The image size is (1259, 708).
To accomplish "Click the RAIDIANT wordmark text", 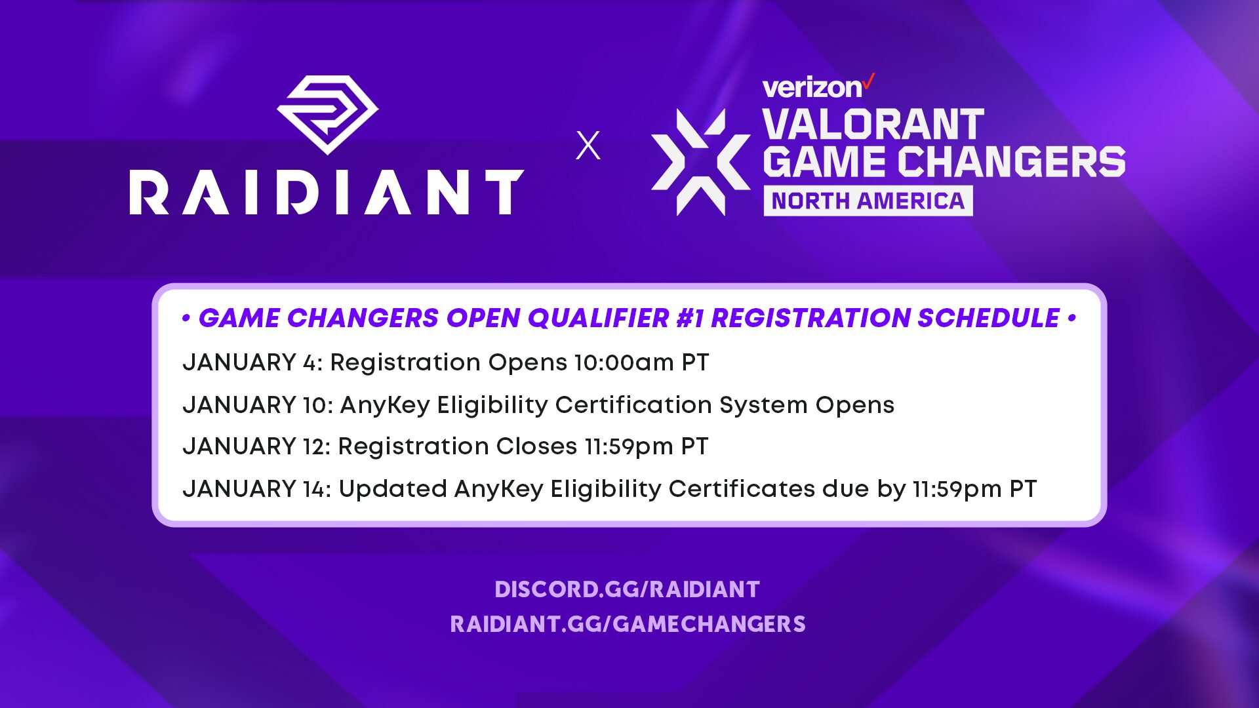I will tap(327, 192).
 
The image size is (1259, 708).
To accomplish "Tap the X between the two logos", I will tap(588, 146).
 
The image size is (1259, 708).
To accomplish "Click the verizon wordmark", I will tap(812, 88).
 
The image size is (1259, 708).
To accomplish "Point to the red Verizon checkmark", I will tap(868, 82).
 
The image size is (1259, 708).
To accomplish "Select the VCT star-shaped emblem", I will tap(700, 162).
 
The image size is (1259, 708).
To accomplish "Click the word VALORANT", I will tap(873, 125).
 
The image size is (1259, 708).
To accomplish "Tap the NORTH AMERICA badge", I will tap(868, 201).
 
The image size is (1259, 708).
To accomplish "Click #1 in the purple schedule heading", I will tap(689, 319).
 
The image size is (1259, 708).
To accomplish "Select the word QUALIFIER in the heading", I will tap(598, 319).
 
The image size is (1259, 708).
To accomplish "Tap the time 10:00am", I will tap(624, 363).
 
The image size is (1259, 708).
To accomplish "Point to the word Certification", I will tap(633, 405).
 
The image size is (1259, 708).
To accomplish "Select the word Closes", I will tap(536, 446).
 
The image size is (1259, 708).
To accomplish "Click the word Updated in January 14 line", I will tap(392, 489).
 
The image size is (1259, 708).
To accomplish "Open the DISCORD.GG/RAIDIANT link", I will tap(627, 589).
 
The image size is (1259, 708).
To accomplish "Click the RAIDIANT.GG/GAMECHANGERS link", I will tap(628, 624).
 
